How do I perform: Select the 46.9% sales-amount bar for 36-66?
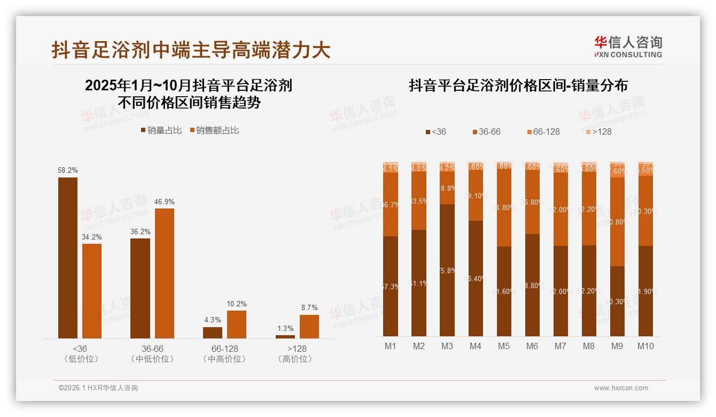pyautogui.click(x=165, y=273)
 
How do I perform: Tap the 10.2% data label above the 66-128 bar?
pyautogui.click(x=237, y=304)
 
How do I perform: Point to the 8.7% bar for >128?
pyautogui.click(x=309, y=326)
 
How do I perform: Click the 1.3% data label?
pyautogui.click(x=285, y=328)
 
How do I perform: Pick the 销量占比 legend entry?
pyautogui.click(x=161, y=130)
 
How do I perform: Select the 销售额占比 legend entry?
pyautogui.click(x=214, y=130)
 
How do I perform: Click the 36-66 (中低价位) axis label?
pyautogui.click(x=152, y=353)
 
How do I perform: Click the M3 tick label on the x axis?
pyautogui.click(x=447, y=346)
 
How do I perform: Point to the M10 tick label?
pyautogui.click(x=645, y=346)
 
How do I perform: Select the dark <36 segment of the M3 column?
pyautogui.click(x=447, y=270)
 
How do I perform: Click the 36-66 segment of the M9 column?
pyautogui.click(x=617, y=221)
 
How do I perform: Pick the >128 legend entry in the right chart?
pyautogui.click(x=598, y=132)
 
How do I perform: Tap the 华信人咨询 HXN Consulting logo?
pyautogui.click(x=628, y=47)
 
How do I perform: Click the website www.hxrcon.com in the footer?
pyautogui.click(x=621, y=388)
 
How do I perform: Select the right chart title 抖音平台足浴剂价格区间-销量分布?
pyautogui.click(x=518, y=86)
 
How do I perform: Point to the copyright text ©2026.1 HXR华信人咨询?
pyautogui.click(x=98, y=388)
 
